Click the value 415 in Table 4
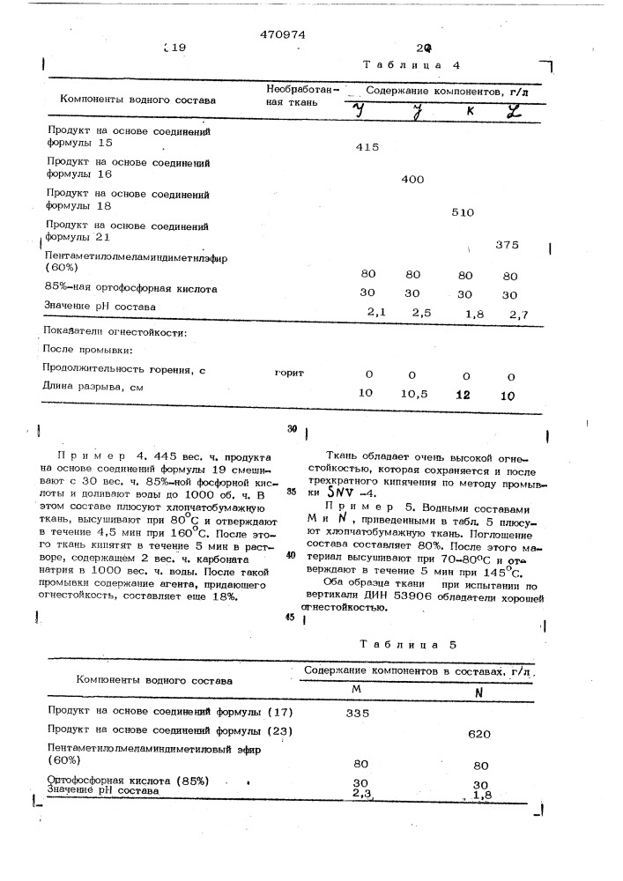coord(367,147)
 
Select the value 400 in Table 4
coord(412,179)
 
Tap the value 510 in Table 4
coord(462,212)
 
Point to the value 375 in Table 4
coord(509,244)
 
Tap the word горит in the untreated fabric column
coord(289,373)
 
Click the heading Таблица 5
coord(410,644)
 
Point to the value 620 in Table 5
coord(480,733)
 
